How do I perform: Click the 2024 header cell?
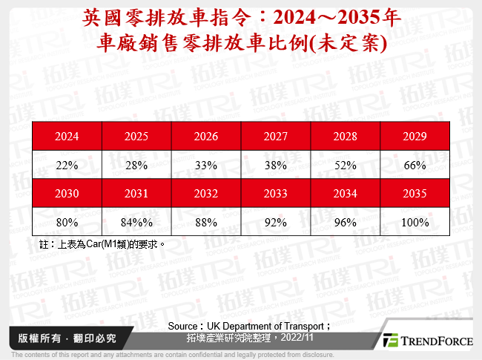point(67,137)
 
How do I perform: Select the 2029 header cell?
point(415,137)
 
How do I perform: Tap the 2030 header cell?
point(67,193)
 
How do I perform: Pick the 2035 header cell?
point(415,193)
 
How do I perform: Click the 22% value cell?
point(67,166)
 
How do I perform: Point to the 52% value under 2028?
point(346,166)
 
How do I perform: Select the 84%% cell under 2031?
point(136,221)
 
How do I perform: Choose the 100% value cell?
point(415,221)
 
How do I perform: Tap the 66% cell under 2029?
point(415,166)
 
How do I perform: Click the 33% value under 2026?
point(206,166)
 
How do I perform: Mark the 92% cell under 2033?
point(276,221)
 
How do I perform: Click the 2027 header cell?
point(276,137)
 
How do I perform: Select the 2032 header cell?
point(206,193)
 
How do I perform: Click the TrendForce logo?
point(426,340)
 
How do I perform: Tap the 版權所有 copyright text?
point(32,338)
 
